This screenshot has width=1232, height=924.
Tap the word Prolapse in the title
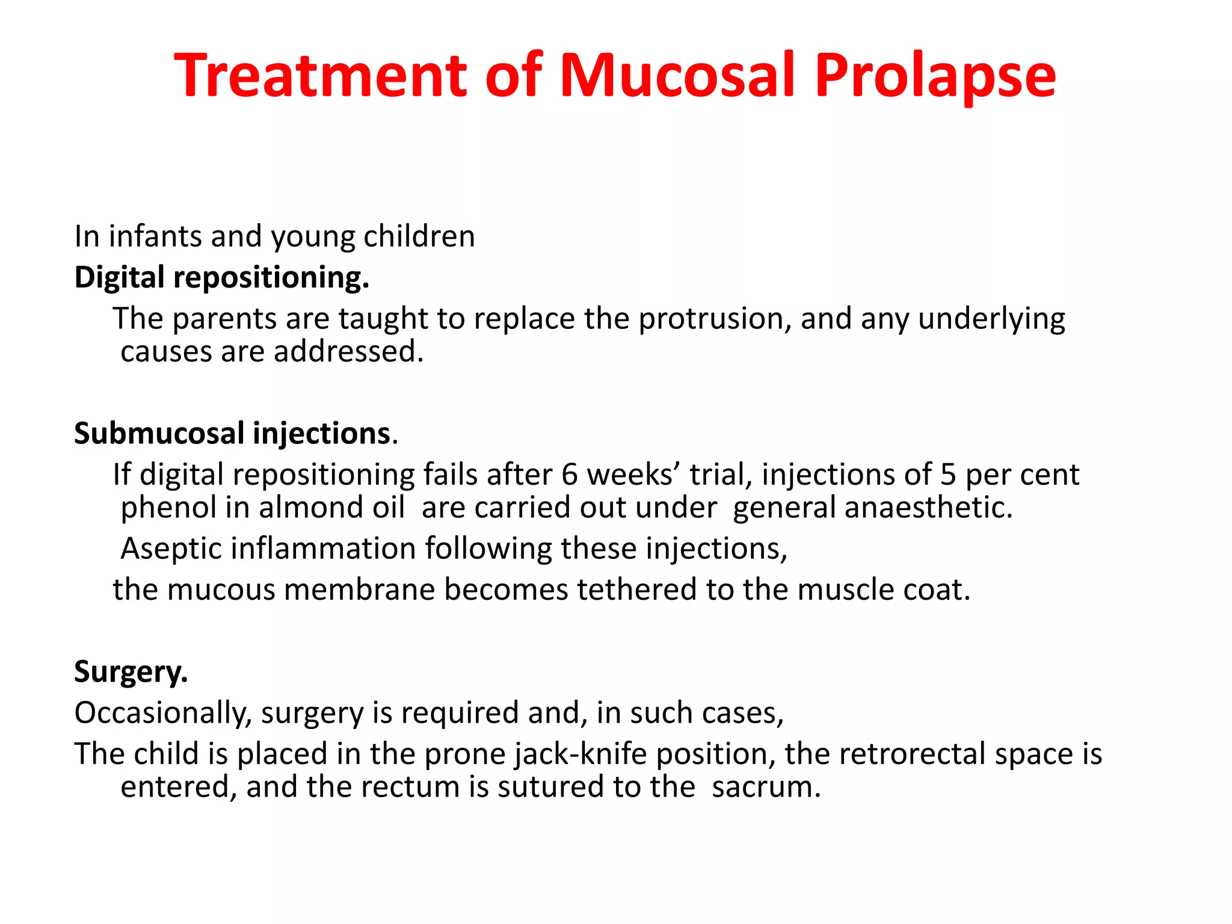pyautogui.click(x=935, y=76)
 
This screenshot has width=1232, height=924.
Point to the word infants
pyautogui.click(x=155, y=236)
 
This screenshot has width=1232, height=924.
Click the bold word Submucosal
pyautogui.click(x=158, y=433)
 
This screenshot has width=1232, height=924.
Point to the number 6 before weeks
pyautogui.click(x=569, y=475)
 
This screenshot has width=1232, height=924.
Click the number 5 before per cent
pyautogui.click(x=948, y=475)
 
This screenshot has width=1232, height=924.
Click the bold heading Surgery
pyautogui.click(x=131, y=672)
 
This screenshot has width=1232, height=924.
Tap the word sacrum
pyautogui.click(x=766, y=787)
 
